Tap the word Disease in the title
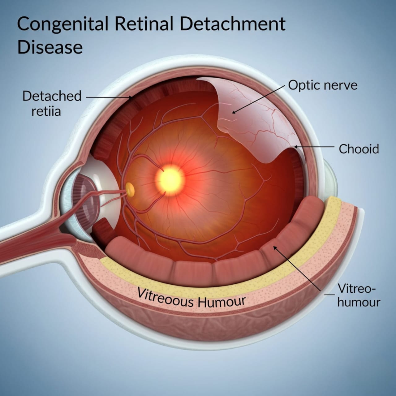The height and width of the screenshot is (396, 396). coord(50,48)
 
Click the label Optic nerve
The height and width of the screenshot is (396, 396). coord(323,85)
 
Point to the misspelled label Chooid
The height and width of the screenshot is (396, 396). coord(359,149)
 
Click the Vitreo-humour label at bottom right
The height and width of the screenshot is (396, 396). coord(358,295)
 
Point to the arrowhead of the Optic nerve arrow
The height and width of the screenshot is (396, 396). coord(233,113)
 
